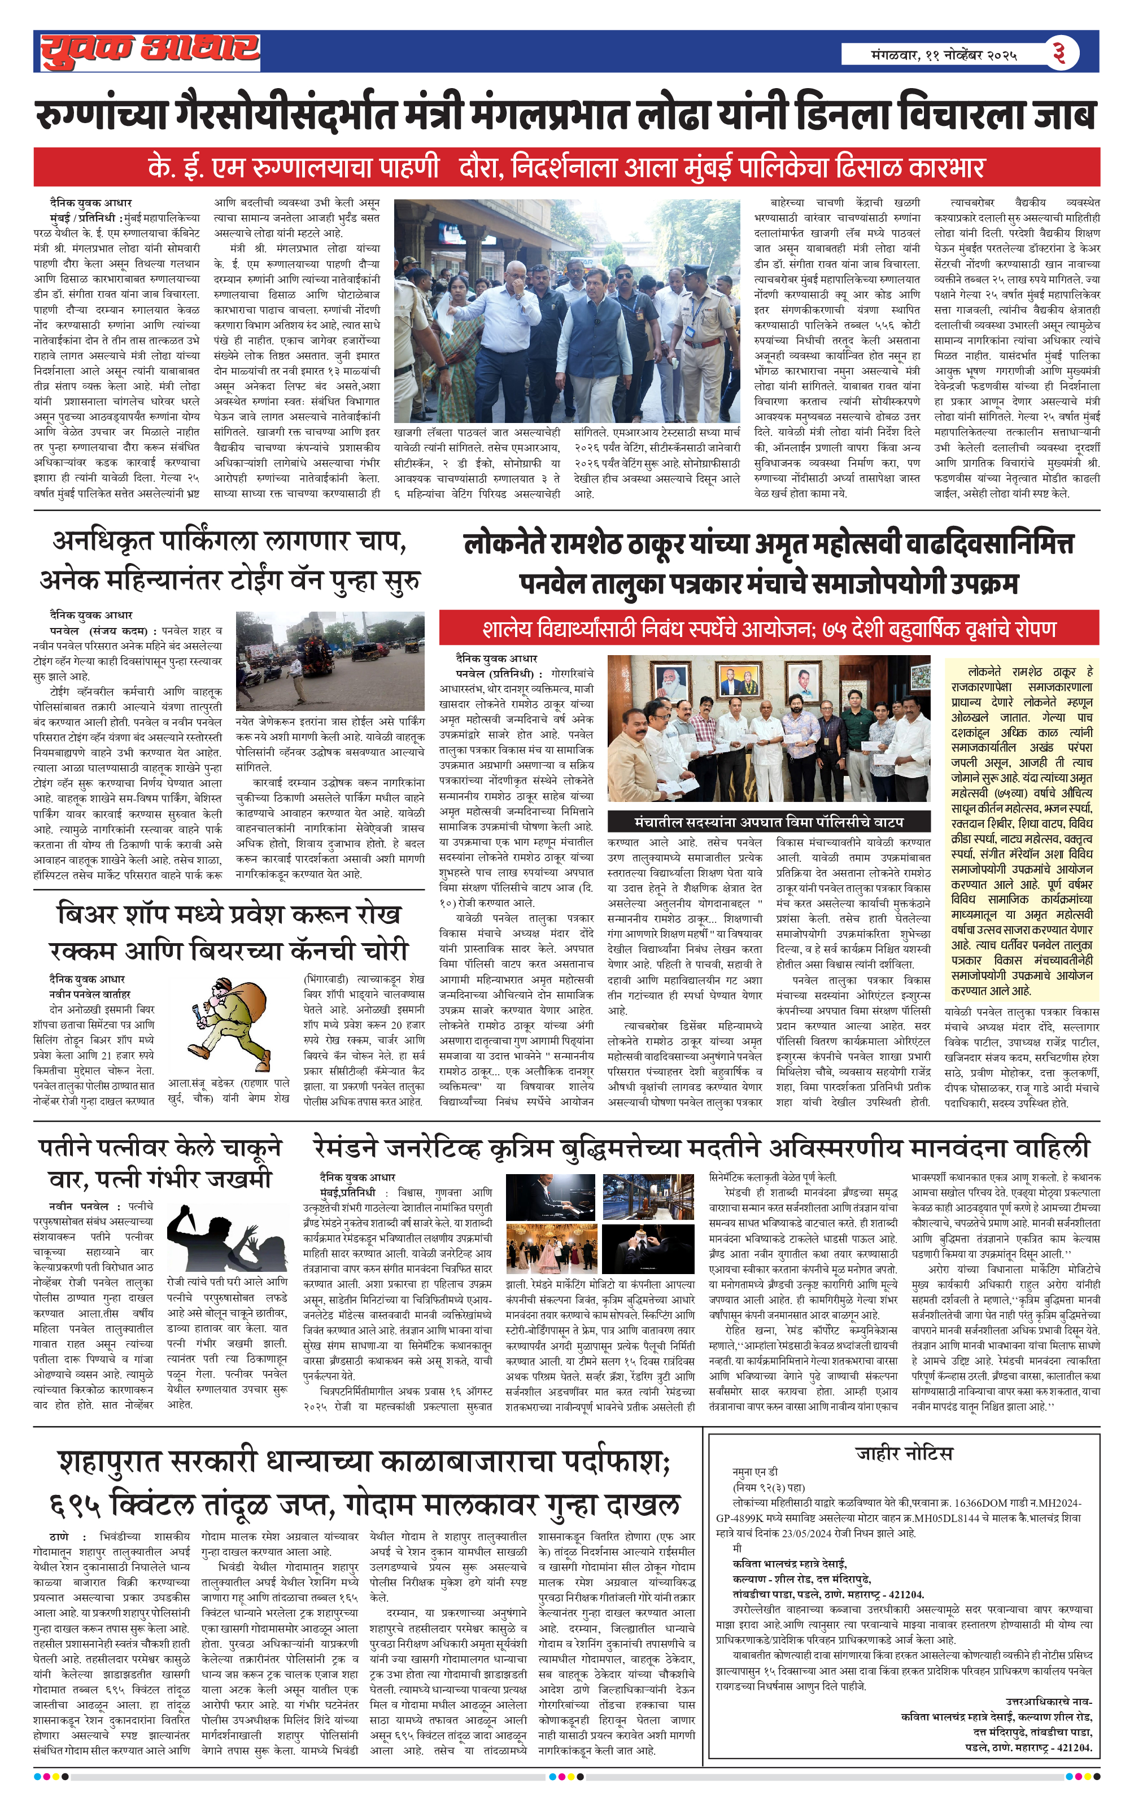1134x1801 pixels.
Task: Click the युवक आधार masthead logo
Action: (x=150, y=51)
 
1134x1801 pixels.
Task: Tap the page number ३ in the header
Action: (x=1058, y=53)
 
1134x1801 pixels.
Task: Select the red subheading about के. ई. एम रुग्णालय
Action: (x=566, y=167)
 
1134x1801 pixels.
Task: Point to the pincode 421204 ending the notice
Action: (x=1072, y=1748)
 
